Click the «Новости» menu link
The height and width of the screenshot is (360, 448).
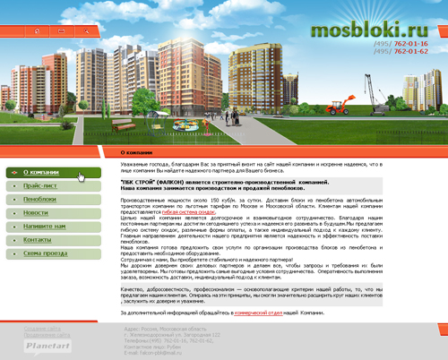[36, 214]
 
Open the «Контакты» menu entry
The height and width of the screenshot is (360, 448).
[38, 242]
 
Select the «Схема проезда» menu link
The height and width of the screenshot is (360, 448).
[44, 255]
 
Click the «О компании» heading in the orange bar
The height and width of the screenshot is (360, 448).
[139, 153]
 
